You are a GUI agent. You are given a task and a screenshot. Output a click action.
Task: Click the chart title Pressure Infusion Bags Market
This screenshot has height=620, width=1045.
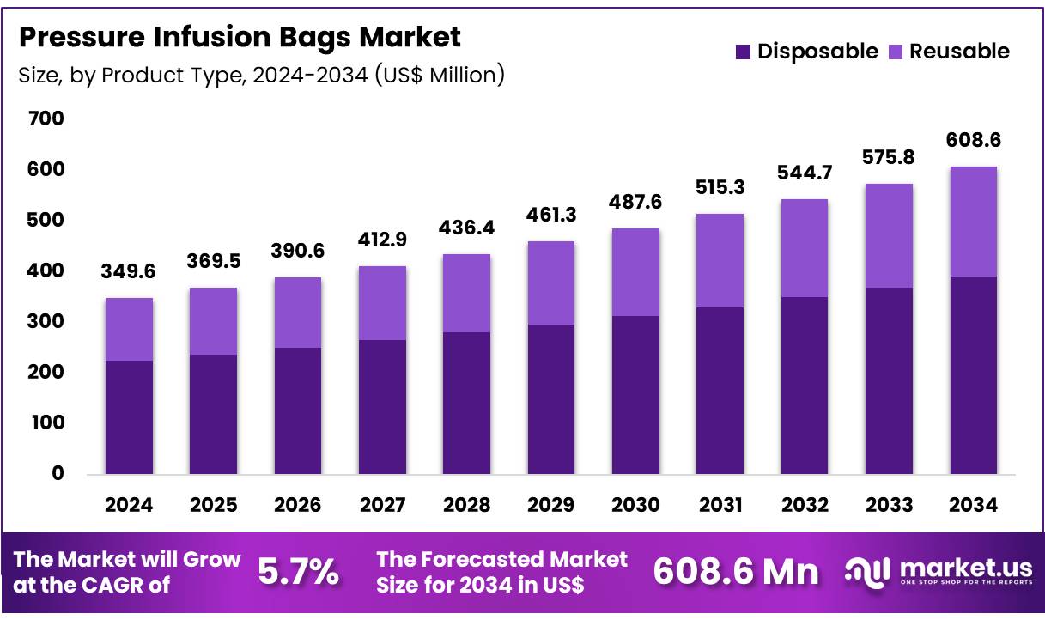coord(240,37)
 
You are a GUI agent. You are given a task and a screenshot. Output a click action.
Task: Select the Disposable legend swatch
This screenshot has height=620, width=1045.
coord(743,52)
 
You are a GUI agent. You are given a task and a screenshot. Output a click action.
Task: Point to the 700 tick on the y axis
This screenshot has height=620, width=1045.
coord(46,119)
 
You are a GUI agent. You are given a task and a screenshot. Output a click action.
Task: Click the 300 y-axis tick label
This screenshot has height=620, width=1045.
coord(46,321)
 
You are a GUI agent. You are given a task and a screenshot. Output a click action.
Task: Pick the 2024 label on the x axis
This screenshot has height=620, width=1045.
coord(129,505)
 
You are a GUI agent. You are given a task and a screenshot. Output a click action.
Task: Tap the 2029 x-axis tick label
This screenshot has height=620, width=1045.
coord(551,505)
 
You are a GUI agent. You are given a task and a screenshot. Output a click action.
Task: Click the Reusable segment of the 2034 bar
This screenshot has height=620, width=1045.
coord(973,222)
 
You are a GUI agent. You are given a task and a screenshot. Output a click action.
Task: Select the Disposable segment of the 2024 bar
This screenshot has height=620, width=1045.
coord(129,417)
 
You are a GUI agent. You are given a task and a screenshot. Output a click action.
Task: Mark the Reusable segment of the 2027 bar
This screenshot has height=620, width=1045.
coord(382,303)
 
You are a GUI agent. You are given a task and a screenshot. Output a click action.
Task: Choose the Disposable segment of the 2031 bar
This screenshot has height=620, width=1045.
coord(720,391)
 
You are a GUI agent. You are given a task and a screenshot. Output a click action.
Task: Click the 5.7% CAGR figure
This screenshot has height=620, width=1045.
coord(298,572)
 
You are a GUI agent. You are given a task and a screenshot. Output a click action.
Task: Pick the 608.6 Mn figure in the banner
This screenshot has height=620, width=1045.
coord(736,572)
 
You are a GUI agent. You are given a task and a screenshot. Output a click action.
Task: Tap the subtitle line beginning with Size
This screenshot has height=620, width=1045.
coord(261,76)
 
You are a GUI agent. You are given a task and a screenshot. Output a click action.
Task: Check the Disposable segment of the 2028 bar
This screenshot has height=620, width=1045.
coord(466,403)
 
